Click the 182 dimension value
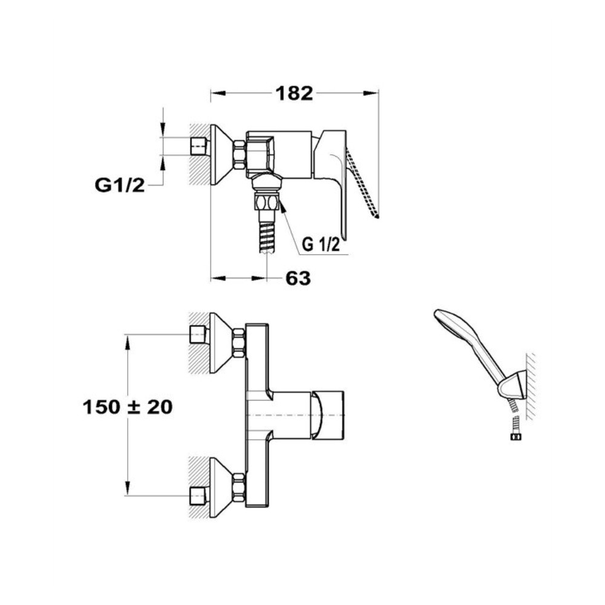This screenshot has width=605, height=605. pos(294,93)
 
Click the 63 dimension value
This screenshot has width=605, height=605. pos(298,278)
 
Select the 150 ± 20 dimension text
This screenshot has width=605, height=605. pos(128,407)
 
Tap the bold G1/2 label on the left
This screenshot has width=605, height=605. pos(120,186)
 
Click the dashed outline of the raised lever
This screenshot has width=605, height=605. pos(362,183)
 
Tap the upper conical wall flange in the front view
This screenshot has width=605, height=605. pos(221,343)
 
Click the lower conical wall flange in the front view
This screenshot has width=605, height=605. pos(221,488)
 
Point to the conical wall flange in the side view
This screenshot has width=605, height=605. pos(221,155)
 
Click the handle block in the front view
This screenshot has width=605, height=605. pos(327,415)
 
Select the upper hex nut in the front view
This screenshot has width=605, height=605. pos(239,342)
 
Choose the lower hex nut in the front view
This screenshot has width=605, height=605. pos(239,488)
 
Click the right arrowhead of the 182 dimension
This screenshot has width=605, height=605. pos(371,93)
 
